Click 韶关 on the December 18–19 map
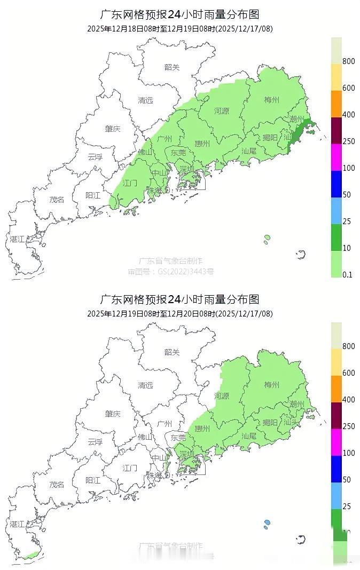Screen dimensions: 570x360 [172, 67]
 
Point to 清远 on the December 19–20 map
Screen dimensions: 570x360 [145, 385]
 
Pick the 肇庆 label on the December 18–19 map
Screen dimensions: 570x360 [113, 129]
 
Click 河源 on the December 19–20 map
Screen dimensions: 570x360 [222, 396]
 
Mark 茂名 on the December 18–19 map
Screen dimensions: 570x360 [57, 200]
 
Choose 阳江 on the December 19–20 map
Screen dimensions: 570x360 [93, 480]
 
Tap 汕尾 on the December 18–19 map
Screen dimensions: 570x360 [249, 151]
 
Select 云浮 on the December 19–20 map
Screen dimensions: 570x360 [95, 442]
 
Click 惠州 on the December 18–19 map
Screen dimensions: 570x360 [202, 144]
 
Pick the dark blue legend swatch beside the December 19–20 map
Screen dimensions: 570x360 [336, 469]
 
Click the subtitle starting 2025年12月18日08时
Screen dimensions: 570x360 [180, 29]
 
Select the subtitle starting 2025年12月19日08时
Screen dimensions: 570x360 [180, 314]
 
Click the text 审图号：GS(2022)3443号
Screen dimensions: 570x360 [171, 272]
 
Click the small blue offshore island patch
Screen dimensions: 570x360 [267, 524]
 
